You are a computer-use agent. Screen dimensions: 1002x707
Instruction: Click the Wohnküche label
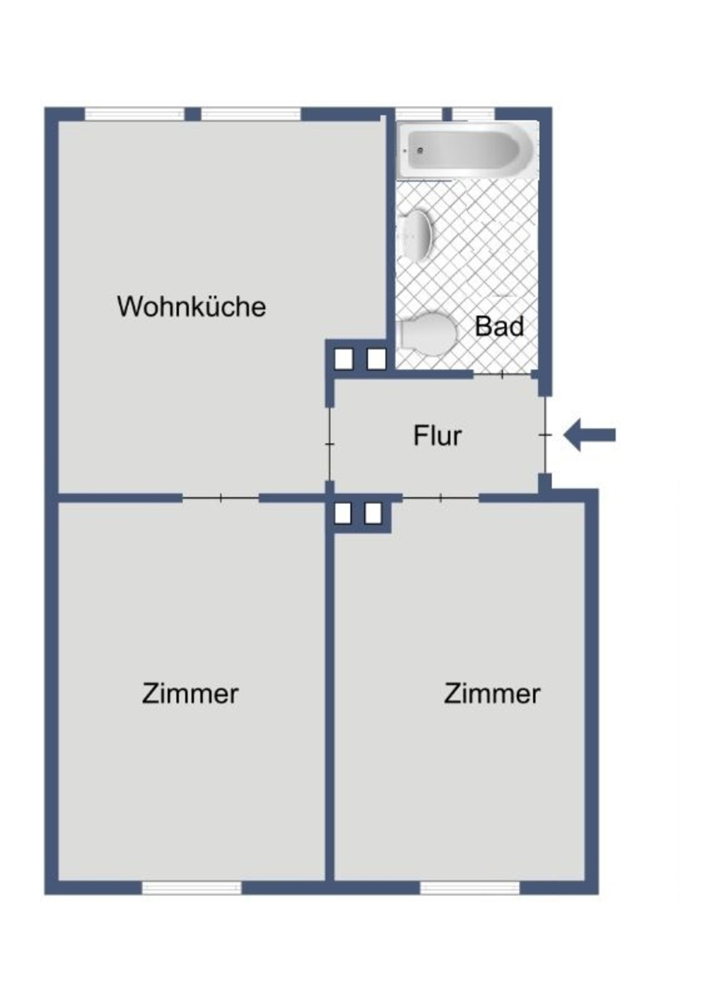point(191,306)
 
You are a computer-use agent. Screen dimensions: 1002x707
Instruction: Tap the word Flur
point(437,436)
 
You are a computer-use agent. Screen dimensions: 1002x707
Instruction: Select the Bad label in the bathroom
point(499,326)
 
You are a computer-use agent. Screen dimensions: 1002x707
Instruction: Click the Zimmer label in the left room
point(190,693)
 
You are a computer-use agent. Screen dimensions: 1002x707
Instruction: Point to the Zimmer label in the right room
point(492,693)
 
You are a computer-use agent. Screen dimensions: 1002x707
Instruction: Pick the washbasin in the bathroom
point(416,234)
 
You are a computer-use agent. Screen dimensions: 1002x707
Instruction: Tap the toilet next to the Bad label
point(427,333)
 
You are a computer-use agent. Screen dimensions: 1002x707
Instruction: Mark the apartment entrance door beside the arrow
point(545,434)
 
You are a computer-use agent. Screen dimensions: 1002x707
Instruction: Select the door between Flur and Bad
point(503,374)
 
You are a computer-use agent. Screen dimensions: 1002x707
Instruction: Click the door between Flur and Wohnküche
point(329,444)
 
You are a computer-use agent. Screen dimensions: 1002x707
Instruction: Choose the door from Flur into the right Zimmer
point(440,498)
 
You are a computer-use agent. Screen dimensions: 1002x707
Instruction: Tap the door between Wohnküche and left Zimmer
point(221,498)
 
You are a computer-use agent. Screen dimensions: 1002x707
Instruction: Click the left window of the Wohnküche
point(134,114)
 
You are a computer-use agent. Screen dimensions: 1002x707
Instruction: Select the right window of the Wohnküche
point(251,114)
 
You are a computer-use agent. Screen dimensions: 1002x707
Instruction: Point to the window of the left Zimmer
point(192,887)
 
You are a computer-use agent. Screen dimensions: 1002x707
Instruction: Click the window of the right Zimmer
point(469,887)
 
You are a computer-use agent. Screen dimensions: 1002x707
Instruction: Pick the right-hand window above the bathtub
point(473,114)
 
